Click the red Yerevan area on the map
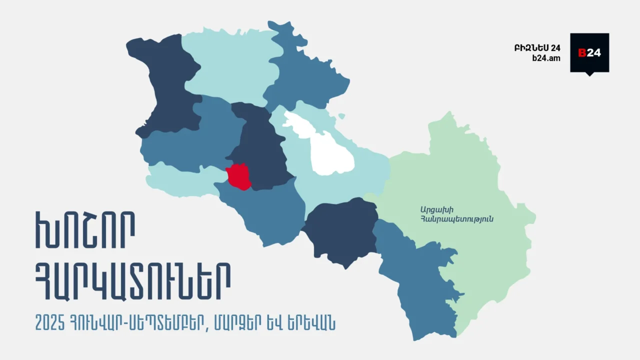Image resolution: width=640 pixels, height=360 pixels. pyautogui.click(x=238, y=176)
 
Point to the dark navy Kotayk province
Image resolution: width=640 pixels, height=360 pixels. pyautogui.click(x=260, y=150)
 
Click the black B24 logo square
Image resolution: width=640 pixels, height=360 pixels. pyautogui.click(x=589, y=53)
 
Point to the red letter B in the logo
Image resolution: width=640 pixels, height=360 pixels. pyautogui.click(x=582, y=53)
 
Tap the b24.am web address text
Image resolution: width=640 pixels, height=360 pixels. pyautogui.click(x=546, y=58)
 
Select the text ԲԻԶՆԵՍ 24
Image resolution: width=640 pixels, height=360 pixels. pyautogui.click(x=537, y=48)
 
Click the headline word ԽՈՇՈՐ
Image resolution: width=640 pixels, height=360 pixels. pyautogui.click(x=85, y=231)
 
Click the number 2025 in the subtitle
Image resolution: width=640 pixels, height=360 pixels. pyautogui.click(x=50, y=323)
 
